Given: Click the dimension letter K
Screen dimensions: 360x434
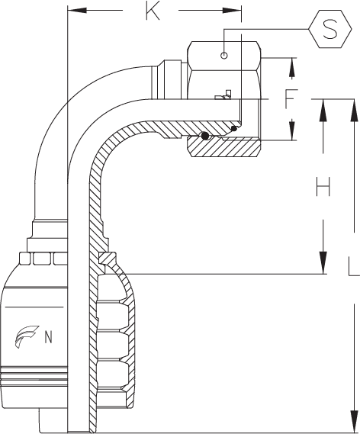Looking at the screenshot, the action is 153,11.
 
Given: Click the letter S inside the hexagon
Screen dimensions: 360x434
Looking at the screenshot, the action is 329,29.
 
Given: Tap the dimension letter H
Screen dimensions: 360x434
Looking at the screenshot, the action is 323,186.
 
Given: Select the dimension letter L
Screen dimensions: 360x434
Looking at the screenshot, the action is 354,267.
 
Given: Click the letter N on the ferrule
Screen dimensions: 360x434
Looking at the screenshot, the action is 48,337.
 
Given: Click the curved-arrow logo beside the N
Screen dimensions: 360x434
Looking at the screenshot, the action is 27,336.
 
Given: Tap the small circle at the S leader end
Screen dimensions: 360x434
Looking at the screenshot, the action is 224,55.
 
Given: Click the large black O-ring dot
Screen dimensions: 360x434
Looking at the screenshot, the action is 205,136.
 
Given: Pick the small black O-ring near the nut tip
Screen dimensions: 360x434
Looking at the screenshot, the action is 234,128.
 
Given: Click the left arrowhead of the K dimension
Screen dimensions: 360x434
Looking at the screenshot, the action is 77,11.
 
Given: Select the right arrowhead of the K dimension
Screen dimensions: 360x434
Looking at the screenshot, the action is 232,11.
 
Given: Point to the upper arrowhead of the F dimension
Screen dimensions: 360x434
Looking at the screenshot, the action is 291,67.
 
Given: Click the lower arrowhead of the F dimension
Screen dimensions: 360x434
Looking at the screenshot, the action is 291,131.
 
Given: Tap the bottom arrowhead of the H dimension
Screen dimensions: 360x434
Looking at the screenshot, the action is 323,262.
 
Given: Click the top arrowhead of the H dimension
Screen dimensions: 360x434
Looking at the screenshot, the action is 323,110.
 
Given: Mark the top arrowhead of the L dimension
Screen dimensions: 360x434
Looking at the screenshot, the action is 354,110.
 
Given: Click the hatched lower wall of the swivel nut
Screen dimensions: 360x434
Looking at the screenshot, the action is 224,146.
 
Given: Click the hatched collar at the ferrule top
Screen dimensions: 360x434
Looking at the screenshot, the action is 108,259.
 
